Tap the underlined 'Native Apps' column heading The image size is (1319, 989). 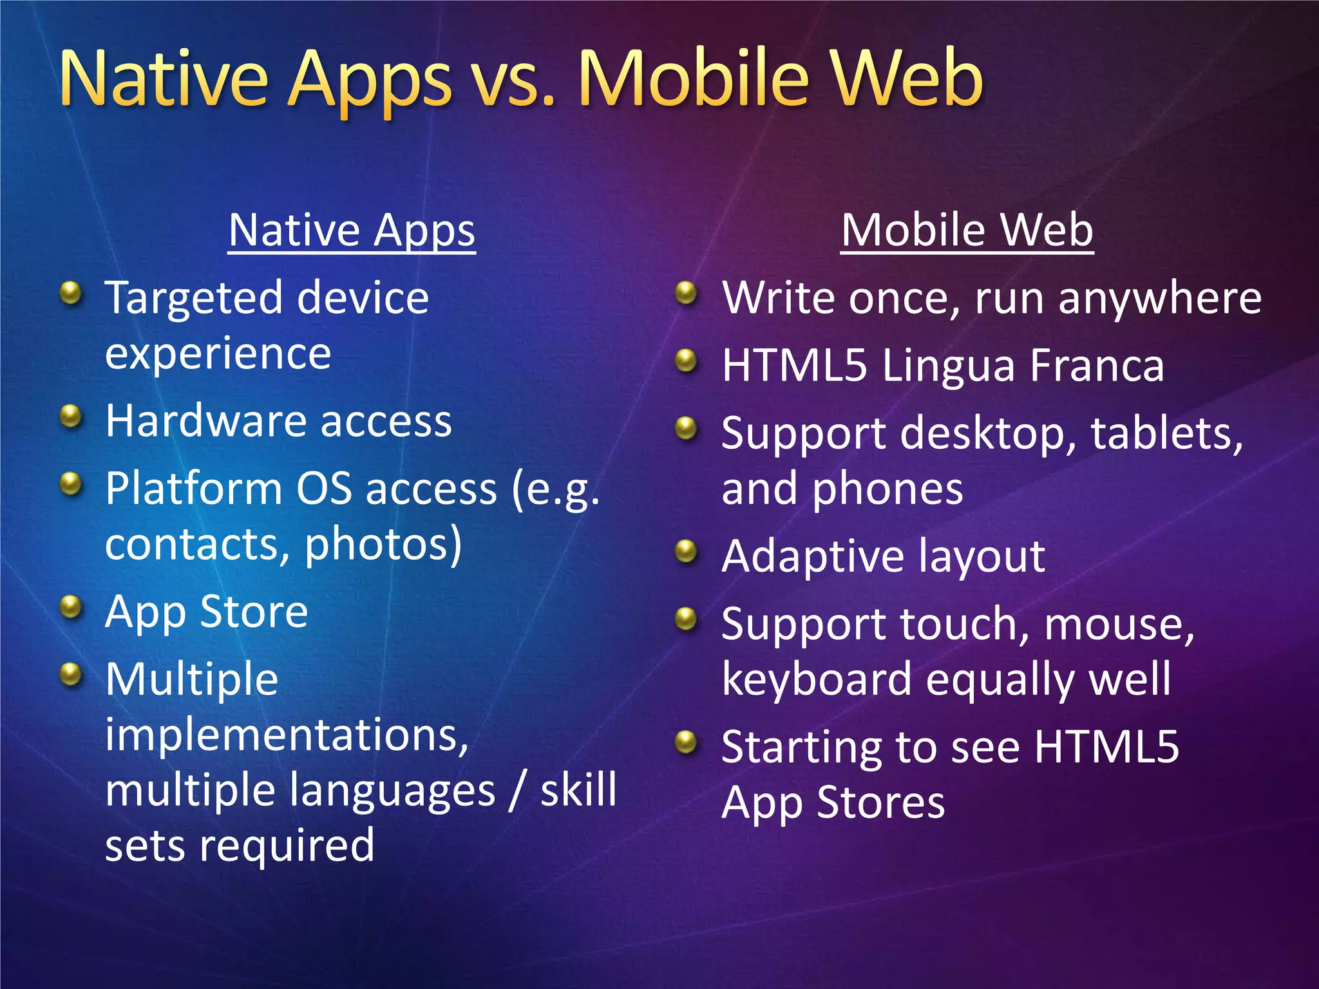352,231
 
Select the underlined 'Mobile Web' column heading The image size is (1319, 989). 967,231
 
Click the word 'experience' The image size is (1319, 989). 218,354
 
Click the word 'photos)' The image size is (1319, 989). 383,543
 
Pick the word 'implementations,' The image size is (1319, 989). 287,735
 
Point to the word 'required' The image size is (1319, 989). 287,846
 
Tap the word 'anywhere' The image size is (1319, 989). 1159,299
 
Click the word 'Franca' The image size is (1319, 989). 1097,366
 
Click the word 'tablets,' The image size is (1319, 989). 1166,433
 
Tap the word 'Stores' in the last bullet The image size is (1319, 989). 880,803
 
